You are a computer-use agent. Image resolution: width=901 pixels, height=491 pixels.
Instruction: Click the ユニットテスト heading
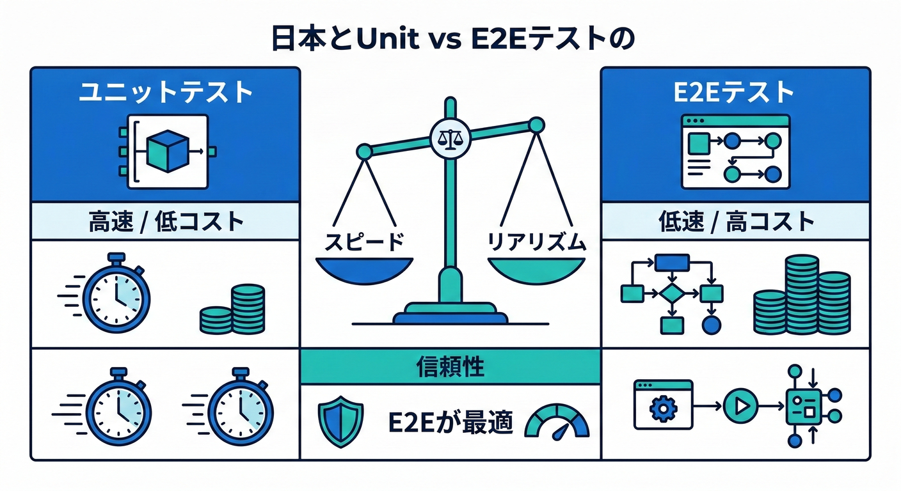pyautogui.click(x=165, y=93)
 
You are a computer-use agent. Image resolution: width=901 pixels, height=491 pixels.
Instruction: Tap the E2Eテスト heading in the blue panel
pyautogui.click(x=734, y=93)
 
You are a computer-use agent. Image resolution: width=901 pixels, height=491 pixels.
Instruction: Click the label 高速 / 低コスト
pyautogui.click(x=165, y=222)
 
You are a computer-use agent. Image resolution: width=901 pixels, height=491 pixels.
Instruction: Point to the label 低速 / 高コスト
pyautogui.click(x=736, y=222)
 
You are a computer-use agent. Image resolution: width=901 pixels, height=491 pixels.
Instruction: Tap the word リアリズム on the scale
pyautogui.click(x=536, y=242)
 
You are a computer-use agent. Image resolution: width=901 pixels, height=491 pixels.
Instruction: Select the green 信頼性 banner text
pyautogui.click(x=450, y=367)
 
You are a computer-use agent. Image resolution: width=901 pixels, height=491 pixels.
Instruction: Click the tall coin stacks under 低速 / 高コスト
pyautogui.click(x=802, y=295)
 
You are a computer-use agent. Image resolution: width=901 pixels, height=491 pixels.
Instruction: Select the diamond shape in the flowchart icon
pyautogui.click(x=671, y=293)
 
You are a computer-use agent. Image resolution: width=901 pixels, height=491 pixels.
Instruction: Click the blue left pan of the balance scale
pyautogui.click(x=364, y=268)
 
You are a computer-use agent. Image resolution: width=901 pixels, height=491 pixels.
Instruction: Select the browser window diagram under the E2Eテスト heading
pyautogui.click(x=735, y=152)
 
